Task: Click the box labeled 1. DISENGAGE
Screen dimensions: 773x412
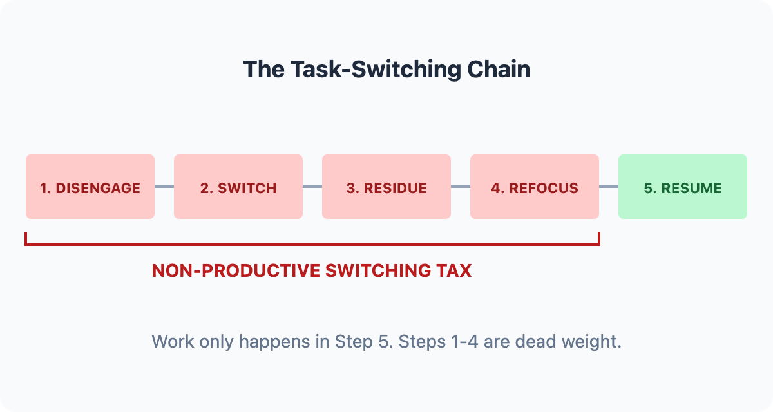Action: coord(90,187)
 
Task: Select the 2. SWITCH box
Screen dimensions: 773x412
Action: coord(238,187)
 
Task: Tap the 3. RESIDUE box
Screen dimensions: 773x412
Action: coord(386,187)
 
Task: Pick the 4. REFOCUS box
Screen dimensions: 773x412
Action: coord(535,187)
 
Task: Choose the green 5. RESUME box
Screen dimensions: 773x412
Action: coord(683,187)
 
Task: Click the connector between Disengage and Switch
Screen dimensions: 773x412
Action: coord(164,187)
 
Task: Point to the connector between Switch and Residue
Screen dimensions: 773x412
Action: coord(312,187)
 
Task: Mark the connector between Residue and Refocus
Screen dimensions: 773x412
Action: coord(461,187)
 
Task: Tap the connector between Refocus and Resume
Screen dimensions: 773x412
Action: coord(609,187)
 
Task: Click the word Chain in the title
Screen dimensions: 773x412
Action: coord(499,70)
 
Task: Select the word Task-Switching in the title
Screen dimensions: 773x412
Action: coord(376,70)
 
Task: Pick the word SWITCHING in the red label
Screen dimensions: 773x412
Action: coord(378,270)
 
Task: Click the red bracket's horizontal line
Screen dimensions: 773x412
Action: coord(312,245)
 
